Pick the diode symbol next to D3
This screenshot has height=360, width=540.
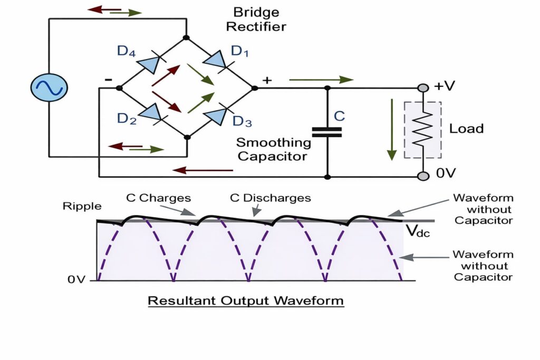[x=217, y=115]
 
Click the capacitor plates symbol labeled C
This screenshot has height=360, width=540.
[x=326, y=132]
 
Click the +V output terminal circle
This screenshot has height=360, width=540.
[x=422, y=87]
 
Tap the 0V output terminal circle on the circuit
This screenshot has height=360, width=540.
[x=422, y=176]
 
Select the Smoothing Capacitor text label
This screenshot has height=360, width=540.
[x=273, y=149]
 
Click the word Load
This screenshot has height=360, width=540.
[x=466, y=128]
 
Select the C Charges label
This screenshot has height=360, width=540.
[x=158, y=198]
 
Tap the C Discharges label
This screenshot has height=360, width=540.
[x=270, y=198]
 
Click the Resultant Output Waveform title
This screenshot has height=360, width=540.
[x=246, y=301]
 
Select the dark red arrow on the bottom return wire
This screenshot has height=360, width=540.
[x=202, y=170]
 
